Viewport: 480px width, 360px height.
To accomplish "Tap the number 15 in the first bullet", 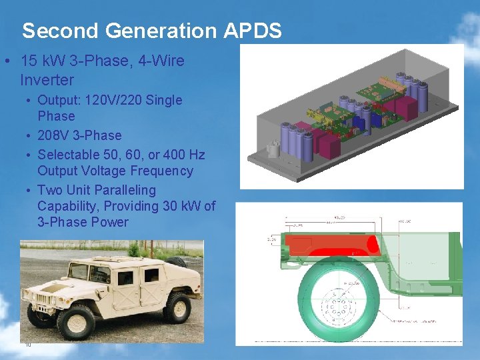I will pyautogui.click(x=29, y=61).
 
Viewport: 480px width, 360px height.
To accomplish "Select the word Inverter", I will pyautogui.click(x=47, y=80).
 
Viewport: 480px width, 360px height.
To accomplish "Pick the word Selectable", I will pyautogui.click(x=65, y=155).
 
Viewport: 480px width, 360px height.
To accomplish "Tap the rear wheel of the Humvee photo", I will pyautogui.click(x=177, y=308).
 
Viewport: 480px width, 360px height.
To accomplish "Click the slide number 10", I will pyautogui.click(x=28, y=345).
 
